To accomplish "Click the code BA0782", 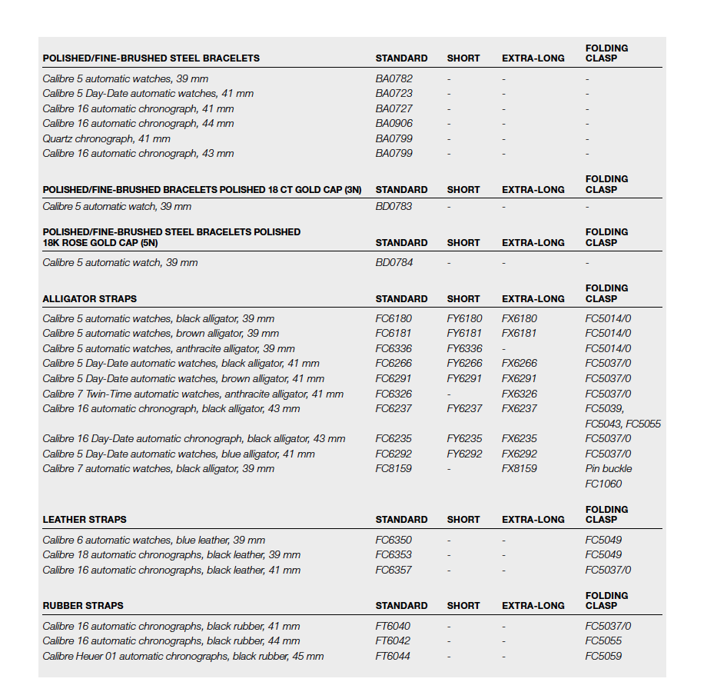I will (393, 78).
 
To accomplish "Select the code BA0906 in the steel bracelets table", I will (393, 123).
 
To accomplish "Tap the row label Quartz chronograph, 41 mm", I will (106, 138).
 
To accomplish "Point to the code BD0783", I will (393, 206).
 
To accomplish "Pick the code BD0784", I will (393, 262).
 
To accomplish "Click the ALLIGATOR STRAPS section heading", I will (90, 298).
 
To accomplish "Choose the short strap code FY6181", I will (464, 333).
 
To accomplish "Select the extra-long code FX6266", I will (520, 363).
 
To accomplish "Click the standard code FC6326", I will (393, 394).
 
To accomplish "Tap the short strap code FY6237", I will (464, 408).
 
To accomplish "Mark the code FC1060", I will (603, 484).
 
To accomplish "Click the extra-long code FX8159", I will (520, 468).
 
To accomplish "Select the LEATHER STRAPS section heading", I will (85, 519).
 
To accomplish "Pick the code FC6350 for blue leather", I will (393, 540).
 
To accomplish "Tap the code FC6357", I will (393, 570).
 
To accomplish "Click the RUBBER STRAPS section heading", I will (83, 605).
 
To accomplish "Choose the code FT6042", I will (393, 640).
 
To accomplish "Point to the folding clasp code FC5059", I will (603, 656).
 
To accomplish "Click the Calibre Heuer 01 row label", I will (183, 656).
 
